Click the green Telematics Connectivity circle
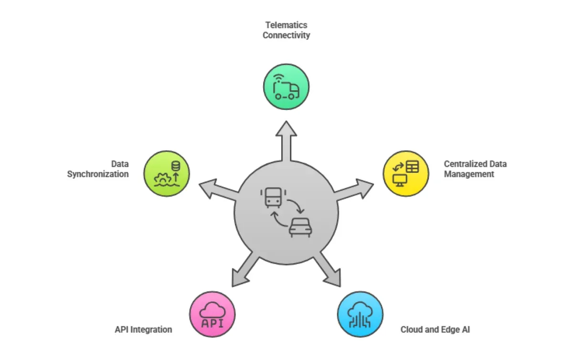tap(286, 87)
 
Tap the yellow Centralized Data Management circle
tap(406, 173)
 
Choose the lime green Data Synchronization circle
tap(167, 173)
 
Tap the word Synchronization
tap(98, 174)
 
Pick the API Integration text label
tap(143, 329)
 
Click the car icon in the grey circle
tap(300, 228)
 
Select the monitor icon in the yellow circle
tap(399, 180)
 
